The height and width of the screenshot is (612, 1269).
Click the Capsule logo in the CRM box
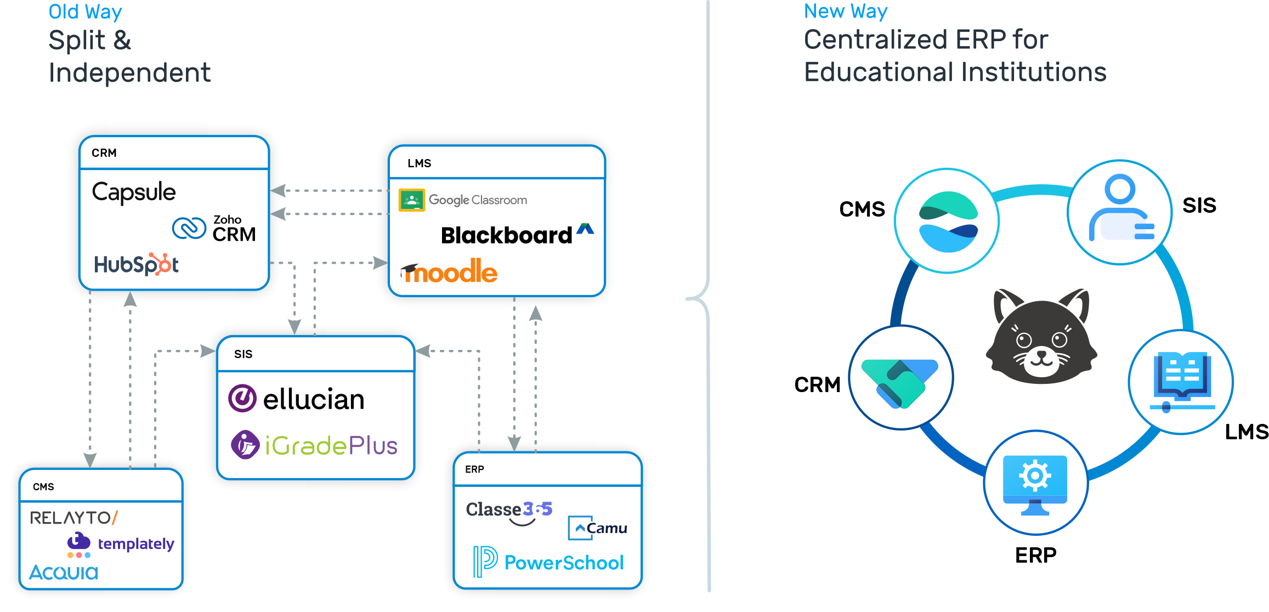click(134, 192)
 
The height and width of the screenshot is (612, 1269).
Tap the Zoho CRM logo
click(214, 228)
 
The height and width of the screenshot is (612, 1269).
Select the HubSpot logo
click(136, 264)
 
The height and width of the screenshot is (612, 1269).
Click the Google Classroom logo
click(463, 200)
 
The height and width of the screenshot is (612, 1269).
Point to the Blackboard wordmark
click(506, 235)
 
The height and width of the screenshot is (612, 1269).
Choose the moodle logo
click(449, 272)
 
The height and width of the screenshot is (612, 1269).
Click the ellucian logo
click(297, 399)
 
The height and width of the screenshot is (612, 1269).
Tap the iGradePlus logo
click(314, 445)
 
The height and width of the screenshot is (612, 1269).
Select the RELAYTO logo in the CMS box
click(73, 518)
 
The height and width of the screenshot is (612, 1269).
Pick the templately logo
click(121, 543)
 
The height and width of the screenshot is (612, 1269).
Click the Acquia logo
click(64, 573)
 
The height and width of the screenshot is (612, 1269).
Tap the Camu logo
click(597, 528)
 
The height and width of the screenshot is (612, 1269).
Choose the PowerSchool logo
click(548, 562)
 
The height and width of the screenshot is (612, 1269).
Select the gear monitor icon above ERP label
click(1035, 483)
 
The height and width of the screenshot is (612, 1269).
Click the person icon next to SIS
click(1120, 211)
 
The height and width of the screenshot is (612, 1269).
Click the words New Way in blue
click(845, 11)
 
